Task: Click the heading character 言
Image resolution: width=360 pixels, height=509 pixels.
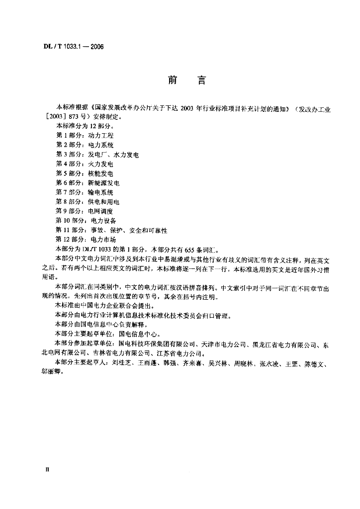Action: point(201,80)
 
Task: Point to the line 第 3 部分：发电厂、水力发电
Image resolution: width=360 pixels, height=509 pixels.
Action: point(97,155)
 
